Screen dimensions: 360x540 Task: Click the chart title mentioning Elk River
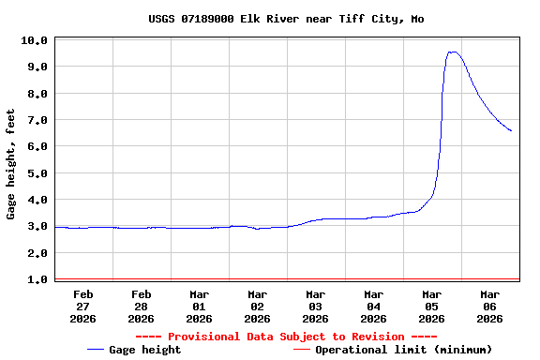tap(286, 19)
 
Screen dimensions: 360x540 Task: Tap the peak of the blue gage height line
tap(453, 52)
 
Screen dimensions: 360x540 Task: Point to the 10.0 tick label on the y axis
tap(35, 40)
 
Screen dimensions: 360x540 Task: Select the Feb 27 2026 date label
tap(82, 306)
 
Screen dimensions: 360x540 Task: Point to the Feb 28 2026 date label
tap(141, 306)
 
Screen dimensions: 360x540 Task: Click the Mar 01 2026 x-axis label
tap(199, 306)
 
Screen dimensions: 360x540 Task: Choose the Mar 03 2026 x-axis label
tap(315, 306)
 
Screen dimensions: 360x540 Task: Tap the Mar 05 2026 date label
tap(431, 306)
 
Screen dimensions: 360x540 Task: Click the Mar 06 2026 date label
tap(489, 306)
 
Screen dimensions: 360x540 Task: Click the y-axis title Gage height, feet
tap(11, 163)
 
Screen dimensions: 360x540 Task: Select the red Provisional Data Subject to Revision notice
tap(286, 337)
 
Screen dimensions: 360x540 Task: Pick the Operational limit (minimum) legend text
tap(403, 350)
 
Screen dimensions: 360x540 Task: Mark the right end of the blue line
tap(511, 130)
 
